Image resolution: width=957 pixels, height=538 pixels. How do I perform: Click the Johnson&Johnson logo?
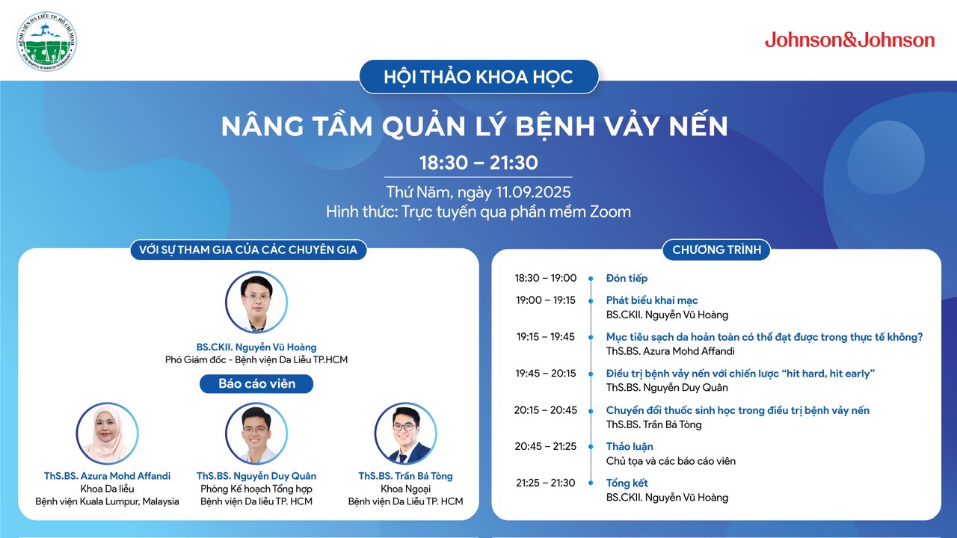pos(849,40)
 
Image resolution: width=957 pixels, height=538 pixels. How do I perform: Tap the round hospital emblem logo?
pos(46,41)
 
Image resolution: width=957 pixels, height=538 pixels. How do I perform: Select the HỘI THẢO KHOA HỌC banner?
pos(478,77)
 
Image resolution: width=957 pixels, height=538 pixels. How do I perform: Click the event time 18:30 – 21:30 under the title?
pos(478,163)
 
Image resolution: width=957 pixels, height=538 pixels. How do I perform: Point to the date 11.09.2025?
pos(533,192)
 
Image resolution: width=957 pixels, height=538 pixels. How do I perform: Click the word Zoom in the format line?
pos(610,211)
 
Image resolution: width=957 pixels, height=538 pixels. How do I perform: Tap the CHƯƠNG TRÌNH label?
pos(716,250)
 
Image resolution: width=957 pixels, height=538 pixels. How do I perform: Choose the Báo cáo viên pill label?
pos(256,383)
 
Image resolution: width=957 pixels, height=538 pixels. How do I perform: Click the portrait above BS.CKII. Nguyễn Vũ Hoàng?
pos(256,303)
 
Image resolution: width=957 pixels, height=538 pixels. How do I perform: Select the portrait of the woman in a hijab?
pos(107,433)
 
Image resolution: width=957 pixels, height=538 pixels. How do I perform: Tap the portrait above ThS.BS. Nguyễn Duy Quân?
pos(256,433)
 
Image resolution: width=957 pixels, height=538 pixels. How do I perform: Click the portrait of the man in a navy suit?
pos(405,433)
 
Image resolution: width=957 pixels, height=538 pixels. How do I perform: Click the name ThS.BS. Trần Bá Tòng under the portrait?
pos(405,476)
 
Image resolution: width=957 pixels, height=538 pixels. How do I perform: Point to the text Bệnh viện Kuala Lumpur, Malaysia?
pos(107,501)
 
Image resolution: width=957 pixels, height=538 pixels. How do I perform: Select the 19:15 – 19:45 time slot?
pos(546,337)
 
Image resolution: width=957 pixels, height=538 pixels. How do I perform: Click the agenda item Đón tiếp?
pos(627,279)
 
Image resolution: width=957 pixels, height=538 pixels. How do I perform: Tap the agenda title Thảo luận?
pos(630,447)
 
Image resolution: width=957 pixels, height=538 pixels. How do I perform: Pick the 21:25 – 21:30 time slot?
pos(546,483)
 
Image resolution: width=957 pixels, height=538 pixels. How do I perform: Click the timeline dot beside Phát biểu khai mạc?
pos(591,301)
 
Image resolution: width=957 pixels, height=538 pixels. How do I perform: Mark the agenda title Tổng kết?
pos(627,483)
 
